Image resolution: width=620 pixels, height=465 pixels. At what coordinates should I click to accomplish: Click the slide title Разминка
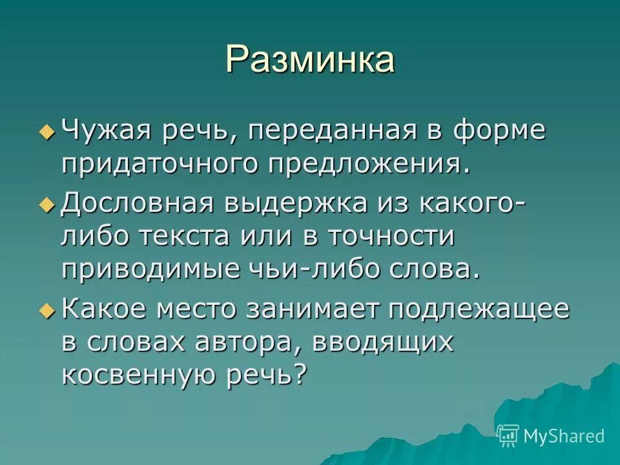pos(310,60)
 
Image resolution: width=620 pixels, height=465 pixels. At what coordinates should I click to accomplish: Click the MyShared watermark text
pos(564,436)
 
